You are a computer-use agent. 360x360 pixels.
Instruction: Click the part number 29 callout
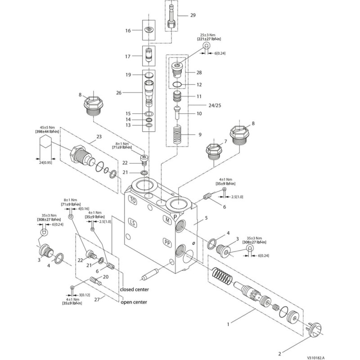coord(193,15)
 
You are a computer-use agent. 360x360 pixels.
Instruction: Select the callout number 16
coord(128,31)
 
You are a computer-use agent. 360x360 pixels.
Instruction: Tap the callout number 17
coord(128,57)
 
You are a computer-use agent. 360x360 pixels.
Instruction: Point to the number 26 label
coord(119,93)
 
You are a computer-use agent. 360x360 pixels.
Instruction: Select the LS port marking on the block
coord(132,222)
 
